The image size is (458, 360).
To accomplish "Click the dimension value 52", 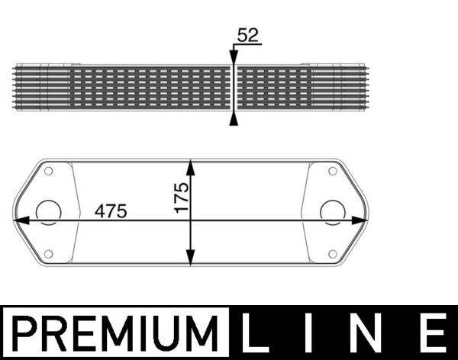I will coord(248,34).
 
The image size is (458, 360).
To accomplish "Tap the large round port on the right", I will coord(332,211).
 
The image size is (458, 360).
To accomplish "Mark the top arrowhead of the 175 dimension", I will coord(191,166).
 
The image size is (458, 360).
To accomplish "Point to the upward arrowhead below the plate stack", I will coord(234,118).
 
